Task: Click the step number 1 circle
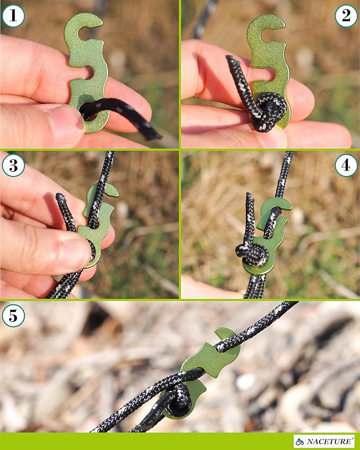(13, 16)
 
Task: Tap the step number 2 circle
(346, 16)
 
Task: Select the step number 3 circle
(13, 165)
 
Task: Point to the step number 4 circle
(346, 165)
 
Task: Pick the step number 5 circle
(13, 316)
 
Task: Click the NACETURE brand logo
(324, 441)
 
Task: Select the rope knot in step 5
(180, 400)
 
